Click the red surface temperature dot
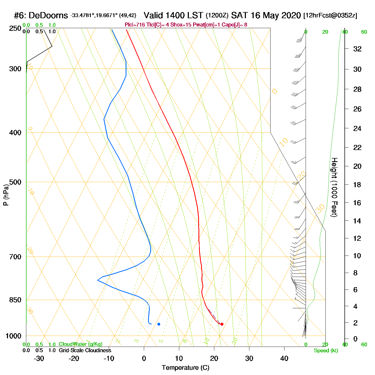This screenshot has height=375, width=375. point(222,324)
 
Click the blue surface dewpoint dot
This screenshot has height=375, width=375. point(159,324)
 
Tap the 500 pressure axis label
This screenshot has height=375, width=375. point(15,182)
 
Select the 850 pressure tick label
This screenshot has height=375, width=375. point(15,300)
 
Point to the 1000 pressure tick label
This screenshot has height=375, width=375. point(13,336)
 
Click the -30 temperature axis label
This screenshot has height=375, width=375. point(39,358)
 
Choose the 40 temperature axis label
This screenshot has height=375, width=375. point(284,358)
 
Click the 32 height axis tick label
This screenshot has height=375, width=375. point(357,49)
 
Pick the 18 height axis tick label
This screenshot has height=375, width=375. point(357,185)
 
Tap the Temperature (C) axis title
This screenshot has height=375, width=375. point(185,368)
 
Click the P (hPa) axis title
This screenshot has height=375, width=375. point(6,195)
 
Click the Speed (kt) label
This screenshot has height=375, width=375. point(326,351)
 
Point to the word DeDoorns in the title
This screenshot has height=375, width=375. point(48,16)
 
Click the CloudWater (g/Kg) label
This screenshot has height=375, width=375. point(81,344)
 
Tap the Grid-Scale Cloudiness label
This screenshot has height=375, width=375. point(85,350)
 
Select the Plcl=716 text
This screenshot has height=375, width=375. point(135,25)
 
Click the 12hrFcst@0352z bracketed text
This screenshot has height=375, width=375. point(330,16)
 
